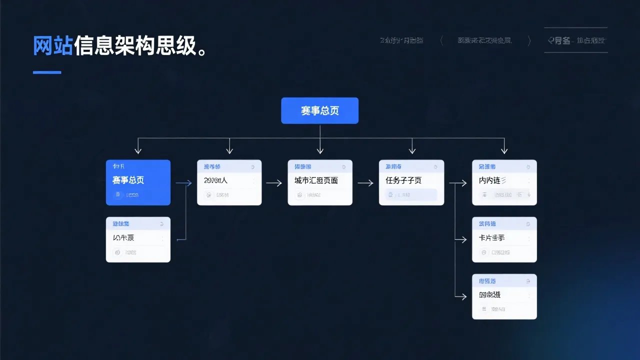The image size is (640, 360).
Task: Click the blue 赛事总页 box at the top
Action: [x=319, y=110]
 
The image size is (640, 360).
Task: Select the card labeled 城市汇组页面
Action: [x=320, y=182]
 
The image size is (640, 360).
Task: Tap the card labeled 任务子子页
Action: [x=411, y=182]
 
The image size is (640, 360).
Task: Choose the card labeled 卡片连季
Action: [x=504, y=239]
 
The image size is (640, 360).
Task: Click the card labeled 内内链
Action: [x=504, y=182]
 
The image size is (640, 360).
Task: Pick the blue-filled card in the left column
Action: [x=138, y=182]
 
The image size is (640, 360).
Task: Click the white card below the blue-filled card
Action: [x=138, y=239]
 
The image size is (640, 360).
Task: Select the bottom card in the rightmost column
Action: [x=504, y=296]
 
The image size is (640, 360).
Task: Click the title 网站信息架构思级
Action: [x=120, y=46]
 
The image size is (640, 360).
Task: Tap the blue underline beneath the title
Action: [x=47, y=72]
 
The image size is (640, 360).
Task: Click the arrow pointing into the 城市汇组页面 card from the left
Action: [x=274, y=183]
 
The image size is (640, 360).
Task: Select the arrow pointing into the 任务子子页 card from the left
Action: [x=366, y=183]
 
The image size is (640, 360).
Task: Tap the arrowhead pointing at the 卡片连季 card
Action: [x=463, y=240]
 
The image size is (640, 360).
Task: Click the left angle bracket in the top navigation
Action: [x=441, y=41]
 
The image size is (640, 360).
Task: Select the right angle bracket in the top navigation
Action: [x=529, y=41]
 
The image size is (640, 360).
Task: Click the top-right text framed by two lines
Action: [x=575, y=40]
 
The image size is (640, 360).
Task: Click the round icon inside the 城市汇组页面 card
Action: [x=299, y=195]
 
